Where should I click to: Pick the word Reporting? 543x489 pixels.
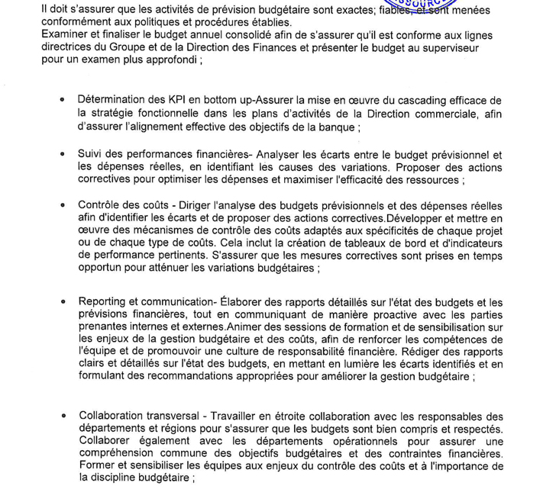(103, 304)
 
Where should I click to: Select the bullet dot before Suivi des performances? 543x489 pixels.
(62, 155)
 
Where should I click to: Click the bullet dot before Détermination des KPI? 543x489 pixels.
(62, 101)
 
